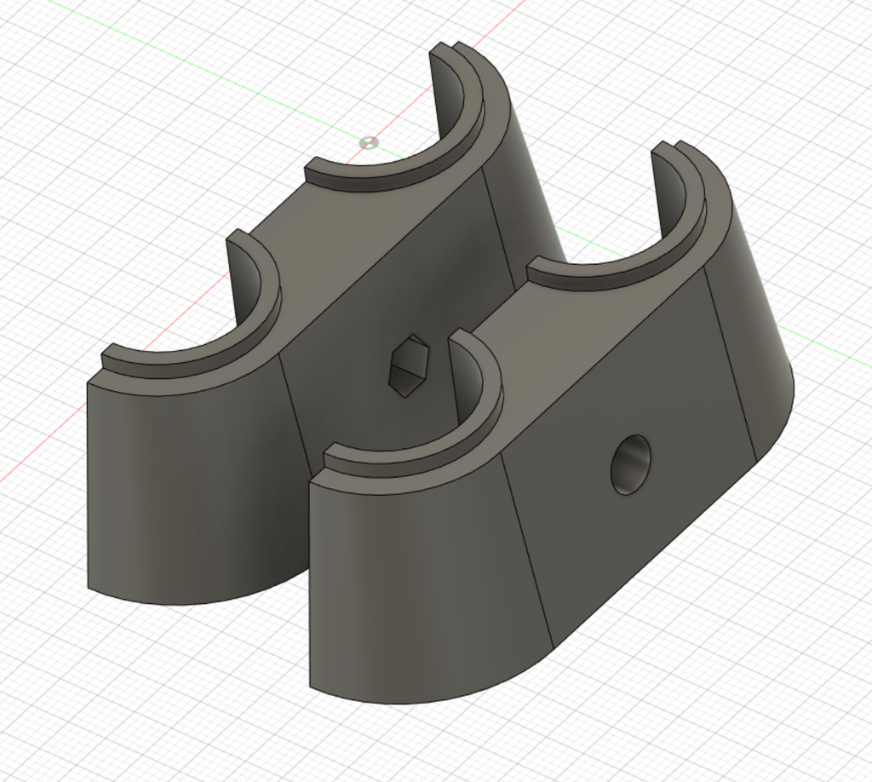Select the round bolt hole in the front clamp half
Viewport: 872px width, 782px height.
click(x=631, y=464)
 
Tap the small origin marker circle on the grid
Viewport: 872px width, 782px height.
click(x=369, y=142)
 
